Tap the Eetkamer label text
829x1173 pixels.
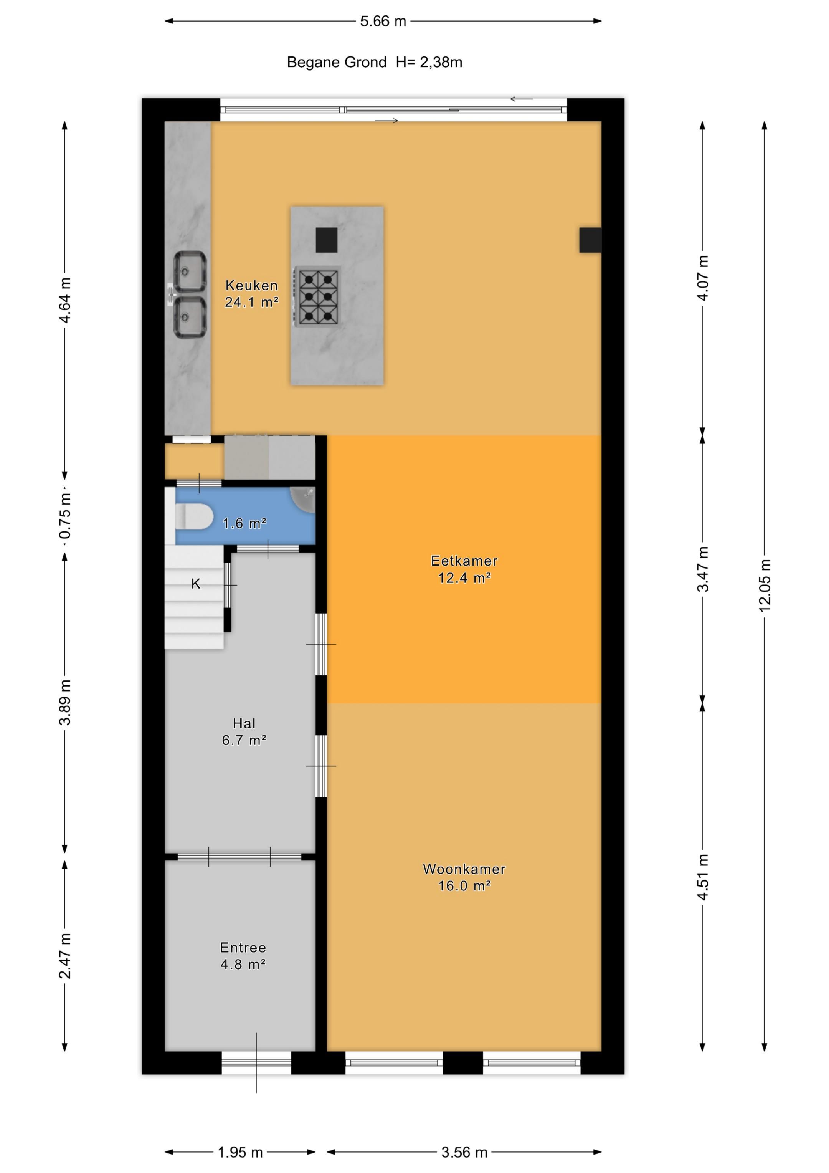click(464, 561)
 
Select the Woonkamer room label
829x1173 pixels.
click(464, 869)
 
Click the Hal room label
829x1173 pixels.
click(244, 723)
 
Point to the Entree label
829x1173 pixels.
click(243, 948)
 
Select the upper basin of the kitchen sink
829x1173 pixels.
click(190, 272)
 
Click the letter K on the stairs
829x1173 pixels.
click(196, 584)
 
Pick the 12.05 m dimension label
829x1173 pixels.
click(765, 585)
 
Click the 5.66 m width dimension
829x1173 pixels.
click(383, 21)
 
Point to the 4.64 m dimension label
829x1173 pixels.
click(65, 300)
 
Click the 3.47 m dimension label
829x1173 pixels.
click(703, 569)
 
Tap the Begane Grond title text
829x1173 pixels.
click(337, 62)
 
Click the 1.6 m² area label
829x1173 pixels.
click(244, 523)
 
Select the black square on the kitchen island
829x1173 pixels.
click(326, 240)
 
